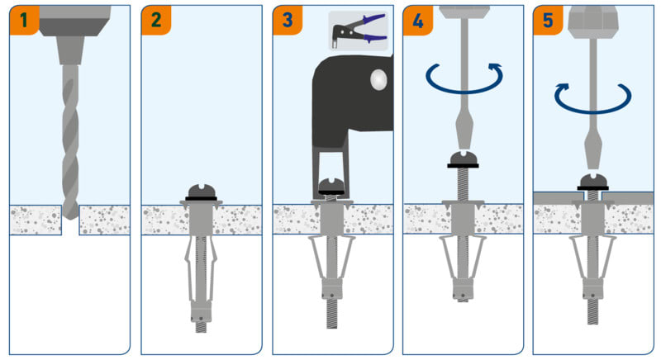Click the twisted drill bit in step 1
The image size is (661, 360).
(71, 132)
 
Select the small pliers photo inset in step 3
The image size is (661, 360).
(358, 31)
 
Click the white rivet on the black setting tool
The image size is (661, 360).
(378, 80)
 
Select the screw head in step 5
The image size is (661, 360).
(593, 181)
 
